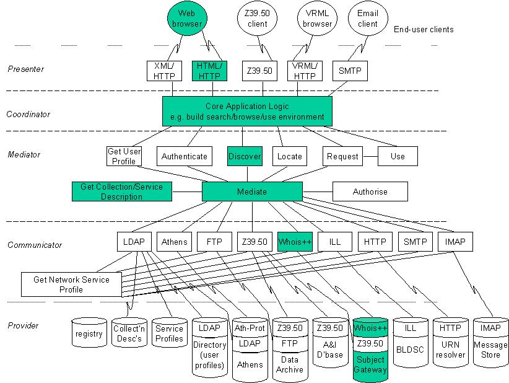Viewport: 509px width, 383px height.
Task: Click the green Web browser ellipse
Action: click(x=187, y=18)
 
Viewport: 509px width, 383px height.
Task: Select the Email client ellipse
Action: click(x=368, y=18)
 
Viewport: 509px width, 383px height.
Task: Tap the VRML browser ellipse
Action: click(x=317, y=18)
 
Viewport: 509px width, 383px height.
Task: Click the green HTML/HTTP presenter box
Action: click(x=209, y=71)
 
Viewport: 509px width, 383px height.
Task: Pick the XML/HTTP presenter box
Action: click(x=164, y=71)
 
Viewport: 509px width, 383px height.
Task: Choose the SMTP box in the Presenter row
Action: click(x=350, y=71)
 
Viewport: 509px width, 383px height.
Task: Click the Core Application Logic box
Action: click(x=247, y=111)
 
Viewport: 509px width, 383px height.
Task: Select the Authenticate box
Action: click(x=185, y=156)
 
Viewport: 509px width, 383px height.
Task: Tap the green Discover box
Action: click(x=245, y=156)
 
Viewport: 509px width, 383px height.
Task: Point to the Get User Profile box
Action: click(x=124, y=156)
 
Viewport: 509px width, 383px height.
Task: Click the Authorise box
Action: click(x=370, y=191)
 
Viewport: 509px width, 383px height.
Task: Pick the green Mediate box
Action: click(x=252, y=191)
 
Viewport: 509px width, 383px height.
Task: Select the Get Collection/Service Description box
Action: click(x=122, y=191)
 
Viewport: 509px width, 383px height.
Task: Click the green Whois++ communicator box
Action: click(x=295, y=242)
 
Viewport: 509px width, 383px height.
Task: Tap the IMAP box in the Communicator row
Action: click(x=455, y=242)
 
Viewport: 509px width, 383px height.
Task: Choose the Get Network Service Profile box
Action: click(x=71, y=284)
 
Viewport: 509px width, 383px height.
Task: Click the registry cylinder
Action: click(x=89, y=333)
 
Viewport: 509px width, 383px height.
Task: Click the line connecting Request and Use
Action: click(x=370, y=156)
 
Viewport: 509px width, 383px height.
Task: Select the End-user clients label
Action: click(x=424, y=29)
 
